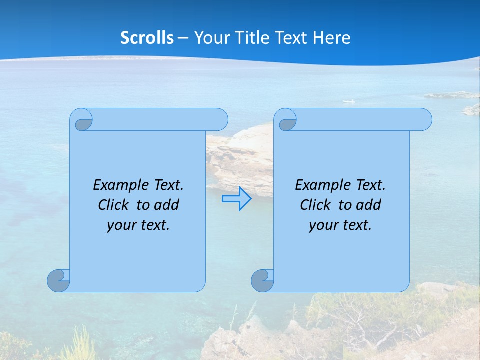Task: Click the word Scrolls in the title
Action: coord(147,38)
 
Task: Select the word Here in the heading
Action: coord(332,38)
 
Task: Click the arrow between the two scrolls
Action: coord(236,199)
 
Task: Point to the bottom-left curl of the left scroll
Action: coord(59,280)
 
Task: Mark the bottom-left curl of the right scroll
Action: coord(262,280)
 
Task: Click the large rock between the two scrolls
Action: coord(240,155)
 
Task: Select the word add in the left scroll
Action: coord(167,205)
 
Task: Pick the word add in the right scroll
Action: coord(369,205)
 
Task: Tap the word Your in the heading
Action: coord(210,38)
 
